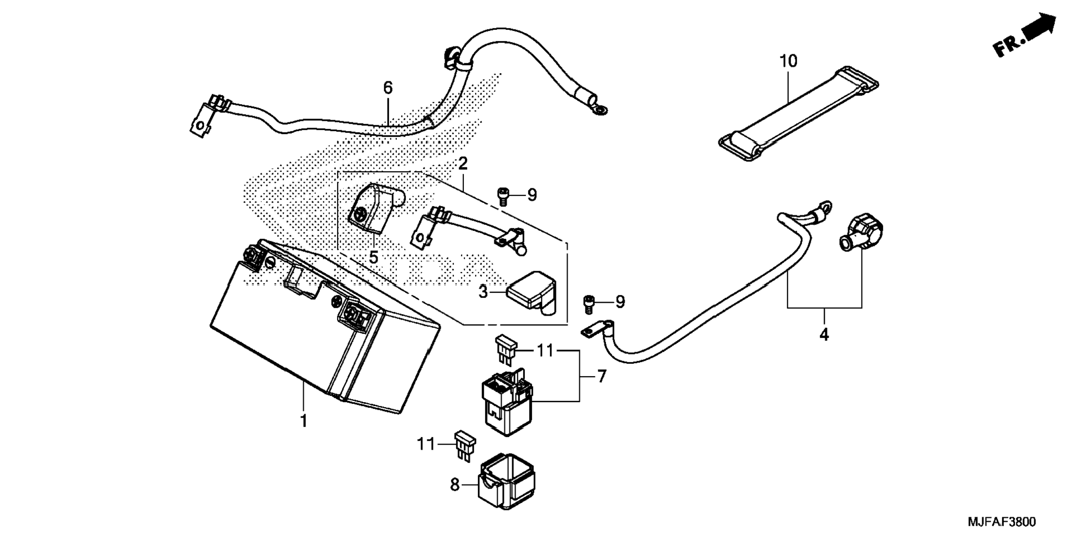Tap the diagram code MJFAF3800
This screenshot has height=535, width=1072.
(x=1002, y=522)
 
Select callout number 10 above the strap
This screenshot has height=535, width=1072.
(x=788, y=61)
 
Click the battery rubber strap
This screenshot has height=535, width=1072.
(x=798, y=114)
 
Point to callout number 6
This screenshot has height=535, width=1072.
(x=388, y=88)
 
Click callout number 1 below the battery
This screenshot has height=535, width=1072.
(x=303, y=421)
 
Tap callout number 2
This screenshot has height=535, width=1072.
(x=462, y=163)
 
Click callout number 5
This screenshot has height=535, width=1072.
(x=374, y=258)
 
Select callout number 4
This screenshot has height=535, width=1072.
(x=824, y=335)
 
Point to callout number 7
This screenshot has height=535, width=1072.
(x=602, y=377)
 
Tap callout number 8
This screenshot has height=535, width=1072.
(x=455, y=485)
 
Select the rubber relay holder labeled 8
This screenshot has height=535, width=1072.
(x=506, y=481)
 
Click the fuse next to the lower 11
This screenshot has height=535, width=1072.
(x=465, y=445)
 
